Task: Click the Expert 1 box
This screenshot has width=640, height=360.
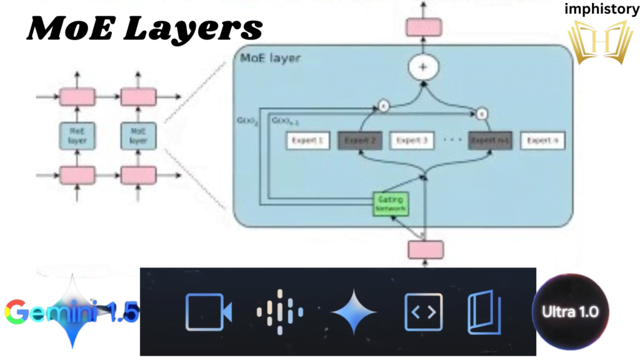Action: point(308,141)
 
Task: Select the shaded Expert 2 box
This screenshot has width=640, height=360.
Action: point(360,141)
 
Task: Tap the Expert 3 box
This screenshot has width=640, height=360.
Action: point(412,141)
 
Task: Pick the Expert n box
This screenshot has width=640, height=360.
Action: point(542,141)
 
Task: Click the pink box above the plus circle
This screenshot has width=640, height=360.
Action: point(424,27)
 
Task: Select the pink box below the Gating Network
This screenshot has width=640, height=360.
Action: point(426,249)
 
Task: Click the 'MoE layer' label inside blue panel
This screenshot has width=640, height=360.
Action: point(270,59)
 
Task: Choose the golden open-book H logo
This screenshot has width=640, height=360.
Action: point(599,42)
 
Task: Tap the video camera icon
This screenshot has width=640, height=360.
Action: point(208,311)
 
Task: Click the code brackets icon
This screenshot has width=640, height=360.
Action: point(423,311)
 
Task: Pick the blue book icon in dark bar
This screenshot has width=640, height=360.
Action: point(484,311)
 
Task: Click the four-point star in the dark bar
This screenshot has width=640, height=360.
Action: point(354,311)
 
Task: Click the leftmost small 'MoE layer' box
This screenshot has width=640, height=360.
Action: point(77,136)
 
